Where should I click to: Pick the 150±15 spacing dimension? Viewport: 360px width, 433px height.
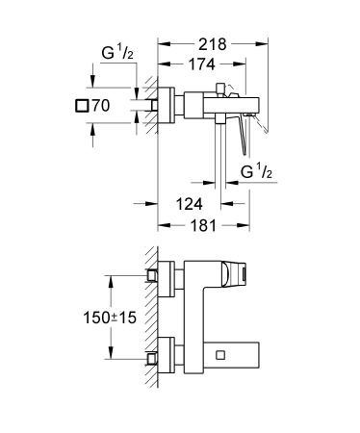tap(84, 313)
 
